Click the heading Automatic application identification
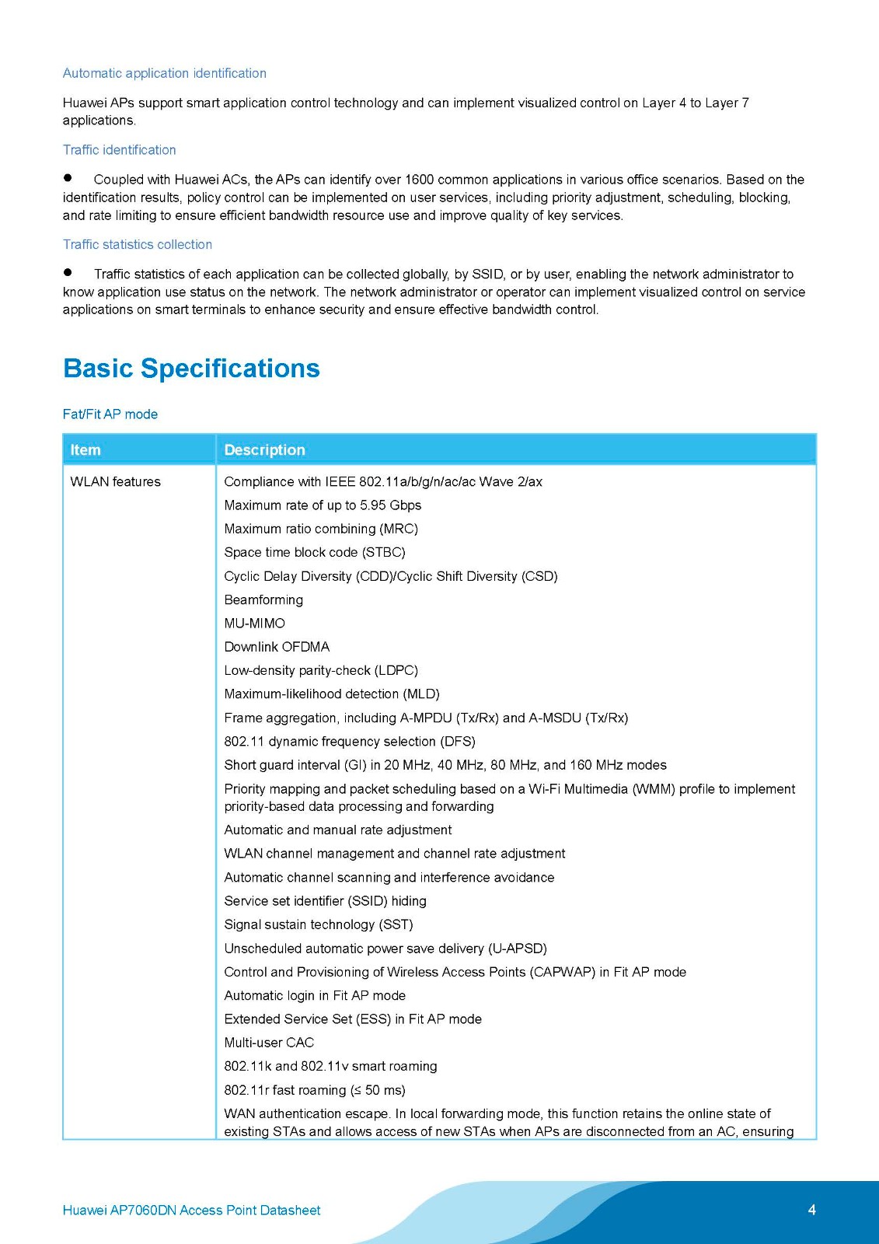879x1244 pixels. [164, 73]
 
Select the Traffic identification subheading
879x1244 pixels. [119, 150]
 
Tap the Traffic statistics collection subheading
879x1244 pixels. [137, 244]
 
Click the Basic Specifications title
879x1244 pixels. [191, 368]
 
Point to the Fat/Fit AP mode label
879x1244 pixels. [110, 414]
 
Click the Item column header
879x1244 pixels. [85, 449]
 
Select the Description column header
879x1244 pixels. [264, 449]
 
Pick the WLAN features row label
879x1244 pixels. [115, 481]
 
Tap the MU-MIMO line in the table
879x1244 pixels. [254, 624]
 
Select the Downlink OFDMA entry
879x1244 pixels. [277, 647]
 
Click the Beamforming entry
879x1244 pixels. [263, 599]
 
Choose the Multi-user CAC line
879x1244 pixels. [269, 1043]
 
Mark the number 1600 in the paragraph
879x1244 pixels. [419, 180]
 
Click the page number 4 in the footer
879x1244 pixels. [811, 1209]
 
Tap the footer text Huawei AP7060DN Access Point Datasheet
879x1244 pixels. [191, 1210]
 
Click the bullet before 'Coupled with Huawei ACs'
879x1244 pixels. [68, 178]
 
